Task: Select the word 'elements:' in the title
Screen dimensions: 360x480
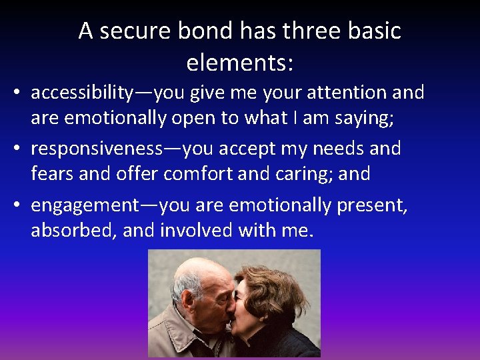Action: click(x=240, y=63)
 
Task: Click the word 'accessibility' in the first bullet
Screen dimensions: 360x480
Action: click(x=81, y=92)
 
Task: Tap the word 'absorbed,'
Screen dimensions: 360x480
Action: click(x=73, y=231)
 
